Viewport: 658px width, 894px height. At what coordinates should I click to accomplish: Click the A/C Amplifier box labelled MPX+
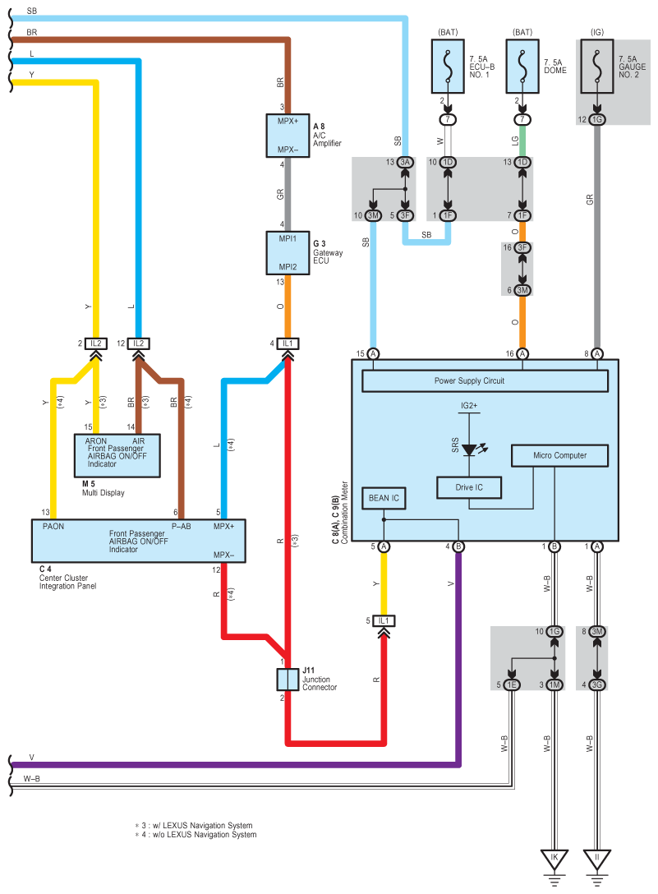point(287,136)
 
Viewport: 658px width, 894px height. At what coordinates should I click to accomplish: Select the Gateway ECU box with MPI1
point(287,253)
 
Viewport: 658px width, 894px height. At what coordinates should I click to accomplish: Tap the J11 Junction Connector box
point(287,680)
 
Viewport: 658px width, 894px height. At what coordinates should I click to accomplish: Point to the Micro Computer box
point(560,455)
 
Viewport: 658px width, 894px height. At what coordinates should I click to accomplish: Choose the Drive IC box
point(469,487)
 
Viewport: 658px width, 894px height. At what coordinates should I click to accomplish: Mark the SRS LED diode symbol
point(470,450)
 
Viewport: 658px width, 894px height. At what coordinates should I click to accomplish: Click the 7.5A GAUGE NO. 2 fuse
point(597,66)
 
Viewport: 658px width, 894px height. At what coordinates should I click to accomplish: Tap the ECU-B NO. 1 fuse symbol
point(448,66)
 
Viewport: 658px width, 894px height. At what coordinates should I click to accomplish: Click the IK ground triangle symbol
point(554,859)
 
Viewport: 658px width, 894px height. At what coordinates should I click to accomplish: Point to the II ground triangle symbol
point(597,859)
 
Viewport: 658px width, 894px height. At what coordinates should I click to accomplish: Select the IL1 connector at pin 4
point(287,343)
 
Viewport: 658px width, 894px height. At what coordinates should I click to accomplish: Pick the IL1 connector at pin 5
point(384,620)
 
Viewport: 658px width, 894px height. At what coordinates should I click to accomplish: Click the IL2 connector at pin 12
point(138,343)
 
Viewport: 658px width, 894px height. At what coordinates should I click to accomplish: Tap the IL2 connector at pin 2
point(96,343)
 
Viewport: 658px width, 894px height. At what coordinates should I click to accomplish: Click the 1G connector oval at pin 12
point(597,120)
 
